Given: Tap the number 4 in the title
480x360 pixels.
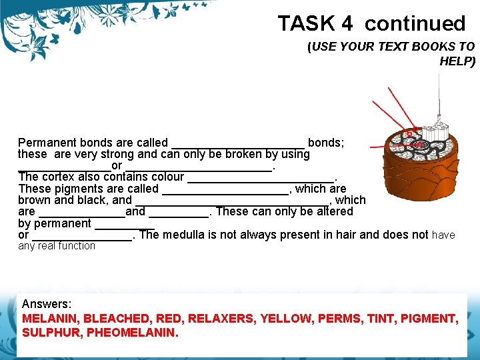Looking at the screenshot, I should [347, 24].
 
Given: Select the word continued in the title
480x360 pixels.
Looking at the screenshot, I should [415, 24].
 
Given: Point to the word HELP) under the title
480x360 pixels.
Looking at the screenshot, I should [457, 61].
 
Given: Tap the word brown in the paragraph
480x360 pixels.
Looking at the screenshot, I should [33, 200].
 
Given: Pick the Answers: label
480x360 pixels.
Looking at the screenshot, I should [47, 304].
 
